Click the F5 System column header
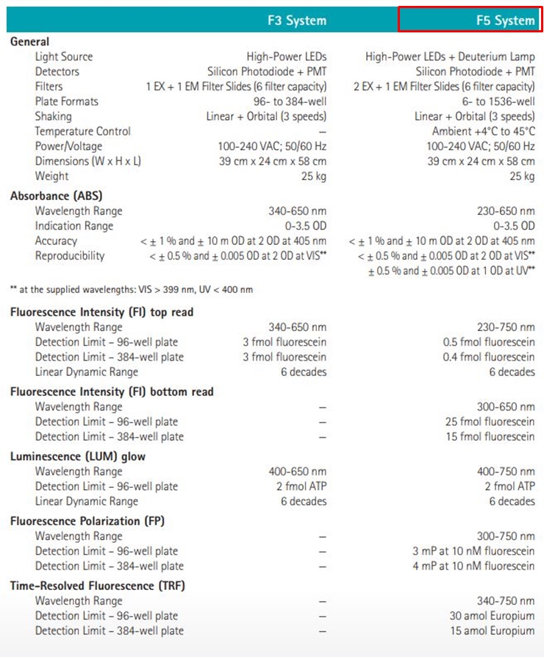505,21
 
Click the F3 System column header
296,21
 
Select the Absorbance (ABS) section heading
56,196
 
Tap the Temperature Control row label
82,131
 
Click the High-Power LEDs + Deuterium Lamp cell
450,57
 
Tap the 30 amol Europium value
492,616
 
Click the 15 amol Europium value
492,631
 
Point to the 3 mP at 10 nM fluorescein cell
473,551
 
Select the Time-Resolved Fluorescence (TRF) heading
97,586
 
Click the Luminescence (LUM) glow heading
78,456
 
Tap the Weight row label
51,176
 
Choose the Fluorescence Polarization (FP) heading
87,521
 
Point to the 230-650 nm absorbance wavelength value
506,211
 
